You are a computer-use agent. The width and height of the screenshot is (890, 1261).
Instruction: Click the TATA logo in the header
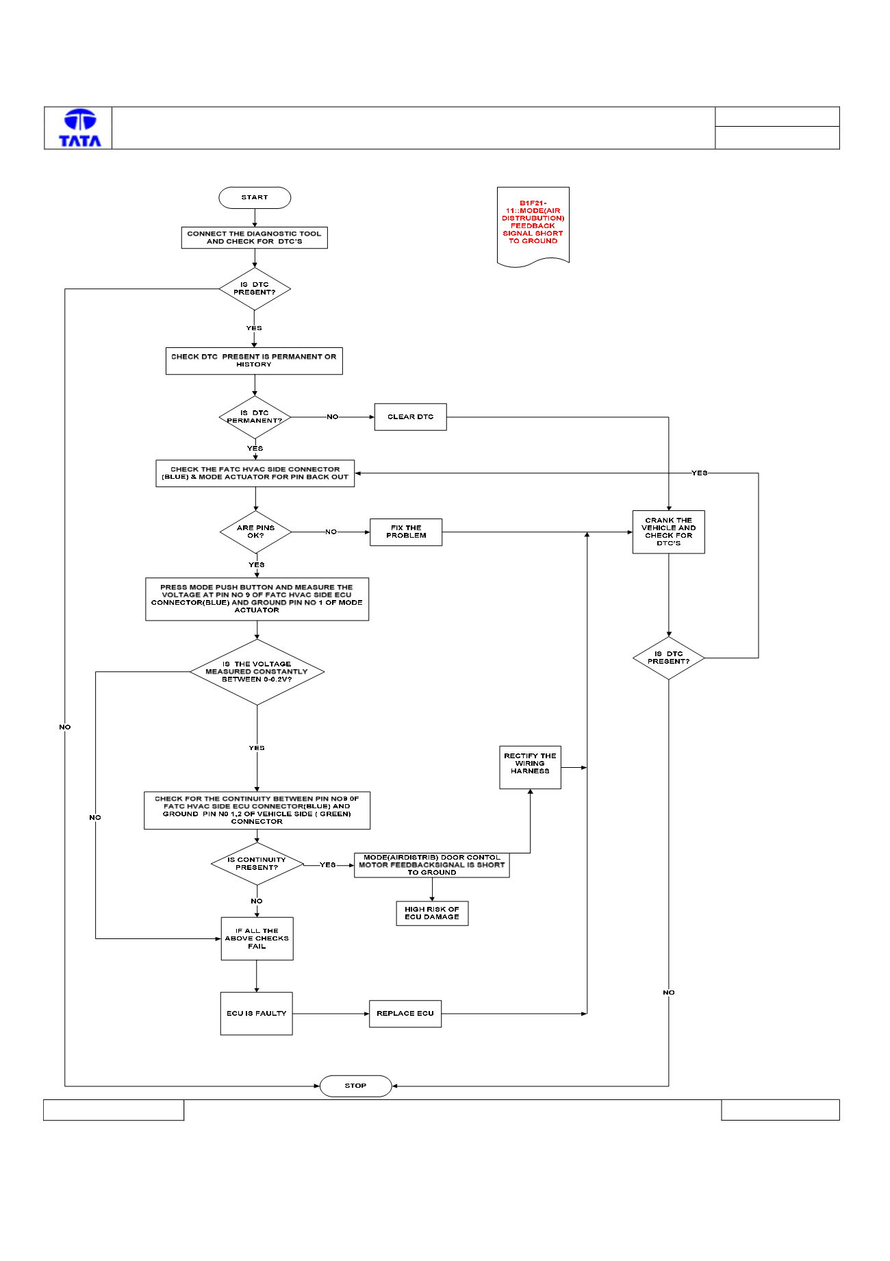pyautogui.click(x=80, y=128)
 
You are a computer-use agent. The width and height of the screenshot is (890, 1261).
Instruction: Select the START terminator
pyautogui.click(x=255, y=197)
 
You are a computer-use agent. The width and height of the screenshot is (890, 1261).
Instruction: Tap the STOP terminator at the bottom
pyautogui.click(x=355, y=1086)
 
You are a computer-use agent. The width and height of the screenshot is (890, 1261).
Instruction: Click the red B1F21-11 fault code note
pyautogui.click(x=533, y=226)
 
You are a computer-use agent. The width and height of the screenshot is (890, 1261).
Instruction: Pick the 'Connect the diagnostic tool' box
pyautogui.click(x=254, y=238)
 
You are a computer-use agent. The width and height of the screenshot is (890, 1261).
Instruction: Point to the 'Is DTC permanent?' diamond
pyautogui.click(x=255, y=417)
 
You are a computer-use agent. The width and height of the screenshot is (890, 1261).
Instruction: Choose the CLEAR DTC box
pyautogui.click(x=410, y=416)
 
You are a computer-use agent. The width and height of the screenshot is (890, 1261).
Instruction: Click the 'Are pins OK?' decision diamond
pyautogui.click(x=255, y=532)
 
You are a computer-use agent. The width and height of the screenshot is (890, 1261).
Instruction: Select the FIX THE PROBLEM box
pyautogui.click(x=406, y=532)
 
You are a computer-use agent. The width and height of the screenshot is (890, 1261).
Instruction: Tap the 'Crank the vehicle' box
pyautogui.click(x=668, y=532)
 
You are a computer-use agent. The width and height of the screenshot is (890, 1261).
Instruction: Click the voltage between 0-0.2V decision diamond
pyautogui.click(x=257, y=672)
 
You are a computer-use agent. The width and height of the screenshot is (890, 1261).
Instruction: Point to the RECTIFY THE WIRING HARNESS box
pyautogui.click(x=530, y=767)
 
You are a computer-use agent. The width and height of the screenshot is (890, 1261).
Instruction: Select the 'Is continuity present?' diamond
pyautogui.click(x=257, y=864)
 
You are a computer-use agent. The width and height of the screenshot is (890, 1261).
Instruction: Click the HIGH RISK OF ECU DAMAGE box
pyautogui.click(x=432, y=913)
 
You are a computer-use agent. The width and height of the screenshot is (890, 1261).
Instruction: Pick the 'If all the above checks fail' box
pyautogui.click(x=257, y=938)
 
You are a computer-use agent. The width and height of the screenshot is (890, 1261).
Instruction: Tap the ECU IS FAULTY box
pyautogui.click(x=256, y=1013)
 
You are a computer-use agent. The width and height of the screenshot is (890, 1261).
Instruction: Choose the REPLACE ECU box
pyautogui.click(x=405, y=1014)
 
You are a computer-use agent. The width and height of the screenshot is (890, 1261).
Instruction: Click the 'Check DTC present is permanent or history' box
pyautogui.click(x=254, y=361)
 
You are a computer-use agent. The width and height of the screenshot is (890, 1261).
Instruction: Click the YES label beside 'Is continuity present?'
pyautogui.click(x=328, y=865)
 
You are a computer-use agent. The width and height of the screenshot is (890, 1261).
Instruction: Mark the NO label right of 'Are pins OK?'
pyautogui.click(x=331, y=532)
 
